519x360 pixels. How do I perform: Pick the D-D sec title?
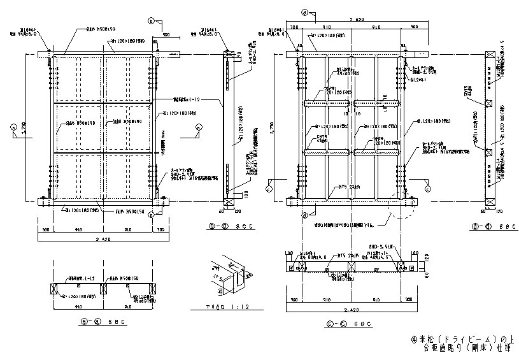[490, 226]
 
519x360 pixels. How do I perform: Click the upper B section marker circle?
[151, 22]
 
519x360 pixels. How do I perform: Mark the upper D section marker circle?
[304, 12]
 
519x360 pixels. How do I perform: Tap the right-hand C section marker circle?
[427, 188]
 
